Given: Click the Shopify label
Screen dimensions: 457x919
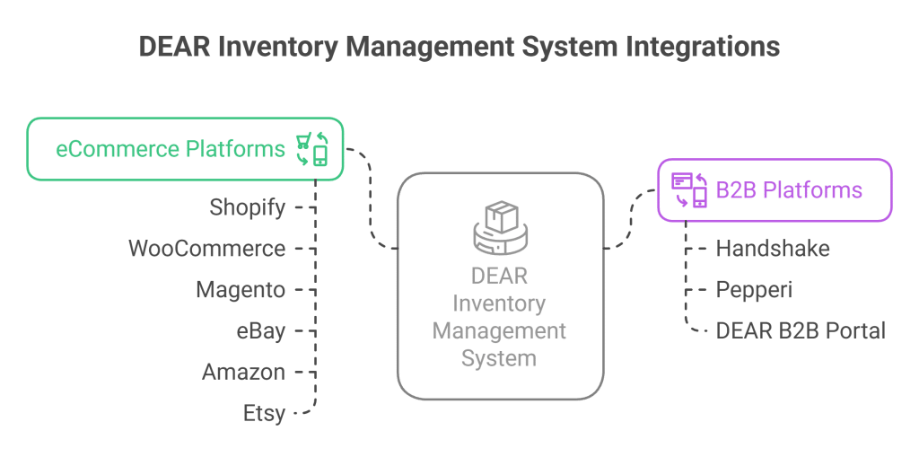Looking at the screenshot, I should (247, 208).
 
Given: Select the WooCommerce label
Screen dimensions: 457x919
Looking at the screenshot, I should (207, 249).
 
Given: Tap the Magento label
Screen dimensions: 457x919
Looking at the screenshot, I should (241, 290).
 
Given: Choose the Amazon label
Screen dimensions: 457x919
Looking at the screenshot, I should (243, 373).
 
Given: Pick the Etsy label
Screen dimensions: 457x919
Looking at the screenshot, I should (264, 414).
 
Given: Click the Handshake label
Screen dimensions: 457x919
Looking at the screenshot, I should (772, 249).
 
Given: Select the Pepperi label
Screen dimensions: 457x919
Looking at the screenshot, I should (754, 290).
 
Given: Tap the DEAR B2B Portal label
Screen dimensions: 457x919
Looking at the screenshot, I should (801, 331).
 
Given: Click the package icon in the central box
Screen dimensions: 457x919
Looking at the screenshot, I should (500, 227).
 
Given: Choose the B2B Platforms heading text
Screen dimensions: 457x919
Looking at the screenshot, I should (789, 190).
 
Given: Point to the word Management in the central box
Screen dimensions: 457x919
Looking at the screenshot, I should (499, 331).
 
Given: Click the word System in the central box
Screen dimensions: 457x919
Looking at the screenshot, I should (499, 359).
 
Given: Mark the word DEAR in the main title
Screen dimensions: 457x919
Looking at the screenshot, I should (170, 47).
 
